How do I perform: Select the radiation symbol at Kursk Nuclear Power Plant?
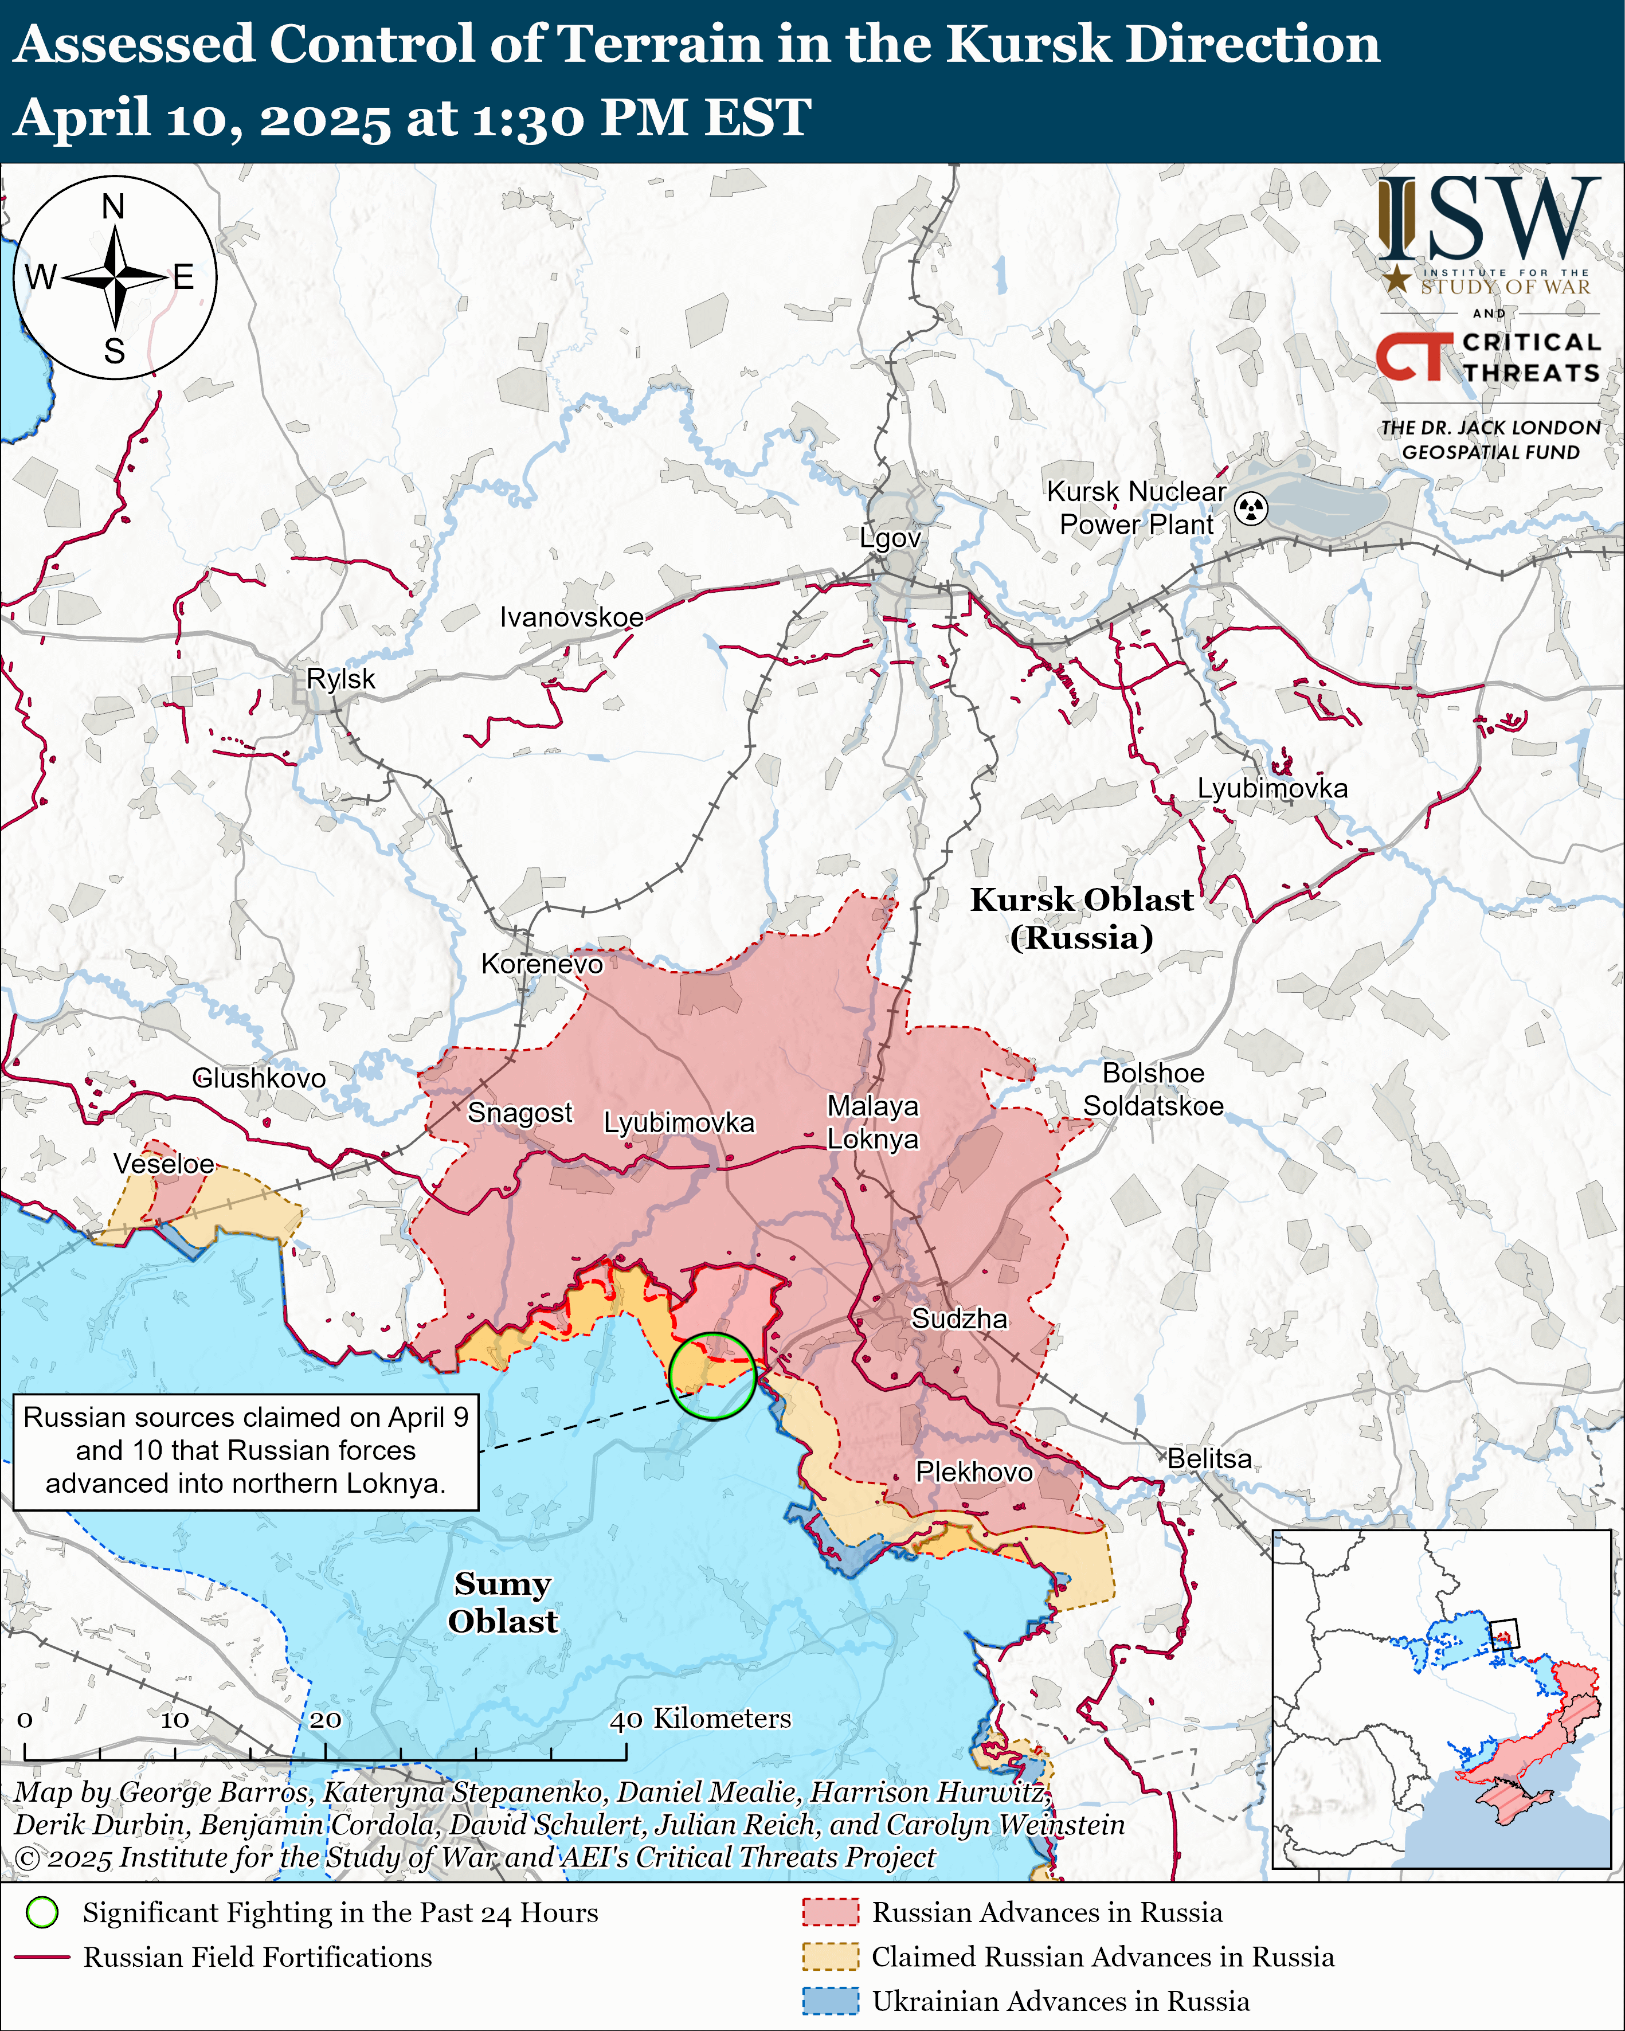click(1251, 508)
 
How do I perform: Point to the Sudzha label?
click(959, 1319)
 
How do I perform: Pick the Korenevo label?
click(542, 964)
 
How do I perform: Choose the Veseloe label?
click(164, 1164)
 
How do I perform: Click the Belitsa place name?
click(1209, 1458)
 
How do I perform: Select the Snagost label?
click(520, 1113)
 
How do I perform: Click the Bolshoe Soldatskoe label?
click(1153, 1089)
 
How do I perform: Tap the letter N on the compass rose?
click(113, 206)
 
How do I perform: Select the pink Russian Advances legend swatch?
click(830, 1912)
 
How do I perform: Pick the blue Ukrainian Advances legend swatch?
click(830, 2001)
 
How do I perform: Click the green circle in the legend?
click(42, 1912)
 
